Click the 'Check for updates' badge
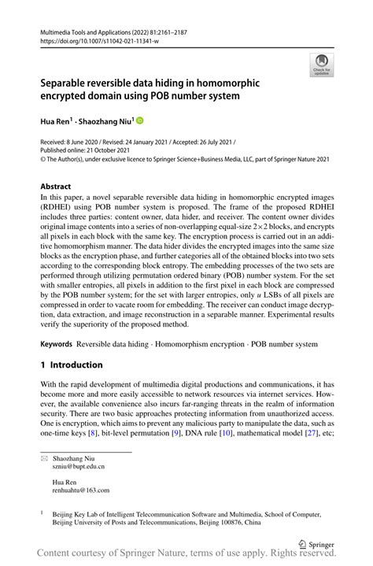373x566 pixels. click(321, 65)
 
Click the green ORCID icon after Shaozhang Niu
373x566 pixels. click(141, 120)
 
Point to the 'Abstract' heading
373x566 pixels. click(60, 187)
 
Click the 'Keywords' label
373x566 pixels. click(57, 344)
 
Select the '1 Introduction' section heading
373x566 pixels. click(72, 365)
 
